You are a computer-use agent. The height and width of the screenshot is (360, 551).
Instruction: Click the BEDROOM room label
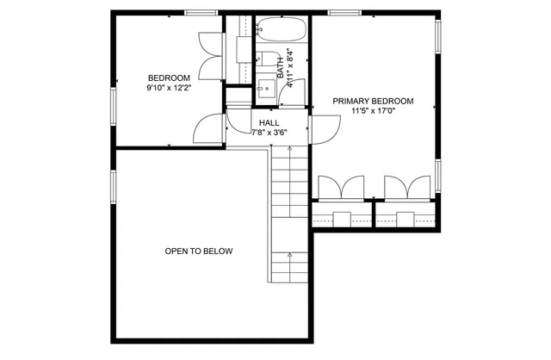pyautogui.click(x=169, y=77)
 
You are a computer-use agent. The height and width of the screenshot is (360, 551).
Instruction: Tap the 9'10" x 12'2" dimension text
pyautogui.click(x=169, y=87)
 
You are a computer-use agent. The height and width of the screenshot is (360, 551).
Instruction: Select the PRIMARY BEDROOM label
pyautogui.click(x=373, y=101)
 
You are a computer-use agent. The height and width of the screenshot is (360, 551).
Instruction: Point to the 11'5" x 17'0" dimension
pyautogui.click(x=373, y=111)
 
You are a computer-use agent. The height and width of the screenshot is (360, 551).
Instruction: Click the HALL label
pyautogui.click(x=269, y=122)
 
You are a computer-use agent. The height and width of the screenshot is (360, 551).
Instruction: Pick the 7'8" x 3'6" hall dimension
pyautogui.click(x=269, y=133)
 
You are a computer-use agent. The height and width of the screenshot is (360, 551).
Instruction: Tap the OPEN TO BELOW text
pyautogui.click(x=199, y=251)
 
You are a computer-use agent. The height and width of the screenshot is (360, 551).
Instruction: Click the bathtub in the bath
pyautogui.click(x=282, y=31)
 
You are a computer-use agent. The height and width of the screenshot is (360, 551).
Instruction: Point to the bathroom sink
pyautogui.click(x=265, y=87)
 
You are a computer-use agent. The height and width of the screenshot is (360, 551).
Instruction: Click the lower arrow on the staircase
pyautogui.click(x=289, y=257)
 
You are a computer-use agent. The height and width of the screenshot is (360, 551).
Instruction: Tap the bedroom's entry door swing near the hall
pyautogui.click(x=207, y=130)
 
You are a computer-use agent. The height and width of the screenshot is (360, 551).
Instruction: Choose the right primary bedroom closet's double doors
pyautogui.click(x=407, y=187)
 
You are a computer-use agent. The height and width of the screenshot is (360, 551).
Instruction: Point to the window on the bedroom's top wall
pyautogui.click(x=201, y=12)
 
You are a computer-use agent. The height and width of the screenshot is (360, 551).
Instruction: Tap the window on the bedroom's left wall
pyautogui.click(x=113, y=101)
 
